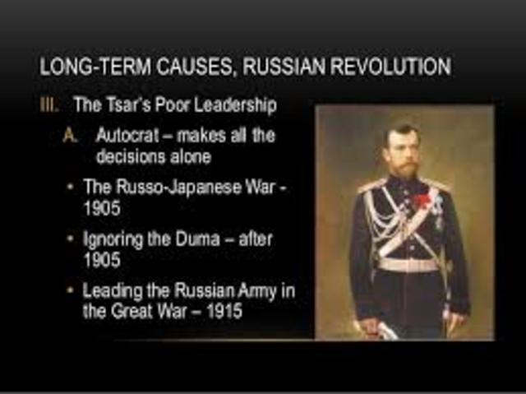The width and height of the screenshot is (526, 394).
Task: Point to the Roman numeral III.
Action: click(50, 106)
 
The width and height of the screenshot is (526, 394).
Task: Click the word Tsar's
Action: click(122, 106)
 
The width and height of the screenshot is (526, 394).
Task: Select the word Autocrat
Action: click(127, 134)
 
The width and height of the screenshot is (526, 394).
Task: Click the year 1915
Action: click(224, 313)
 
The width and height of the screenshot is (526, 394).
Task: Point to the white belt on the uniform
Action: click(408, 264)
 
